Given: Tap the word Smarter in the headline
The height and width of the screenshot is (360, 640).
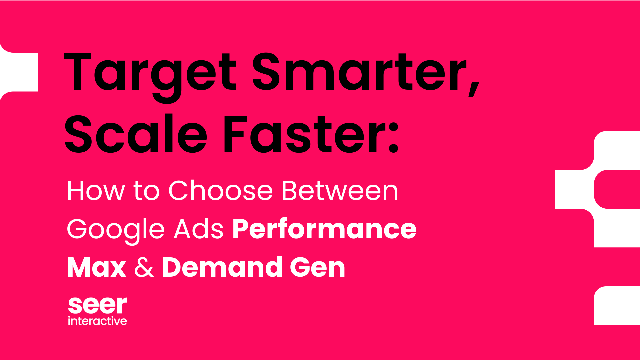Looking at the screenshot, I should tap(358, 73).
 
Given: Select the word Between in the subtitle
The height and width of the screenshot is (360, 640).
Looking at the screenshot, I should tap(340, 191).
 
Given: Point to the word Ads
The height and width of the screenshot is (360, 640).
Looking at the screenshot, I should tap(199, 229).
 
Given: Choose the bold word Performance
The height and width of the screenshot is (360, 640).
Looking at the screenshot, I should tap(324, 229).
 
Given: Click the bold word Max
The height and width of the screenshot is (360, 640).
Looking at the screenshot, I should tap(97, 268).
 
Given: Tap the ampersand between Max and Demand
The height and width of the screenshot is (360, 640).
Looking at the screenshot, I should tap(144, 268).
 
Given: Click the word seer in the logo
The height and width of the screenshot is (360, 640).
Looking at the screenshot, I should tap(97, 305).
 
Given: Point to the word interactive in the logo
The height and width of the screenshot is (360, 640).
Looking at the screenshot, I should tap(97, 321).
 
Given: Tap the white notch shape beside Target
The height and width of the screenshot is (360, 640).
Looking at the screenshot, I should tap(20, 72).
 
